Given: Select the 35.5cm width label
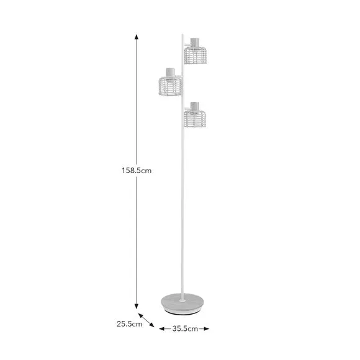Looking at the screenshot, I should click(x=184, y=328).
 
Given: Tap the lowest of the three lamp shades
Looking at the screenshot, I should click(x=195, y=117).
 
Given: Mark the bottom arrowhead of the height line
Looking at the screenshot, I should click(x=137, y=305).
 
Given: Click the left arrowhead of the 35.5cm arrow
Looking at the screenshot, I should click(x=162, y=328).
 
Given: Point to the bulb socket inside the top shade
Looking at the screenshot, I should click(x=195, y=42).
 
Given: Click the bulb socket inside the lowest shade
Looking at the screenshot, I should click(x=195, y=106).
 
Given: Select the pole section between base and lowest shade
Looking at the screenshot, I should click(x=184, y=211).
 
